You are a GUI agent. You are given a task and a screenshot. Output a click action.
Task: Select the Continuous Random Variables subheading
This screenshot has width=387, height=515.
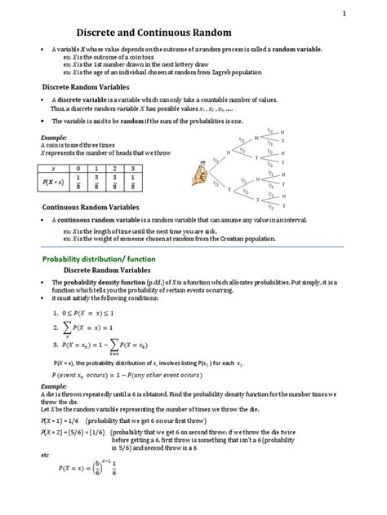tap(91, 207)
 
